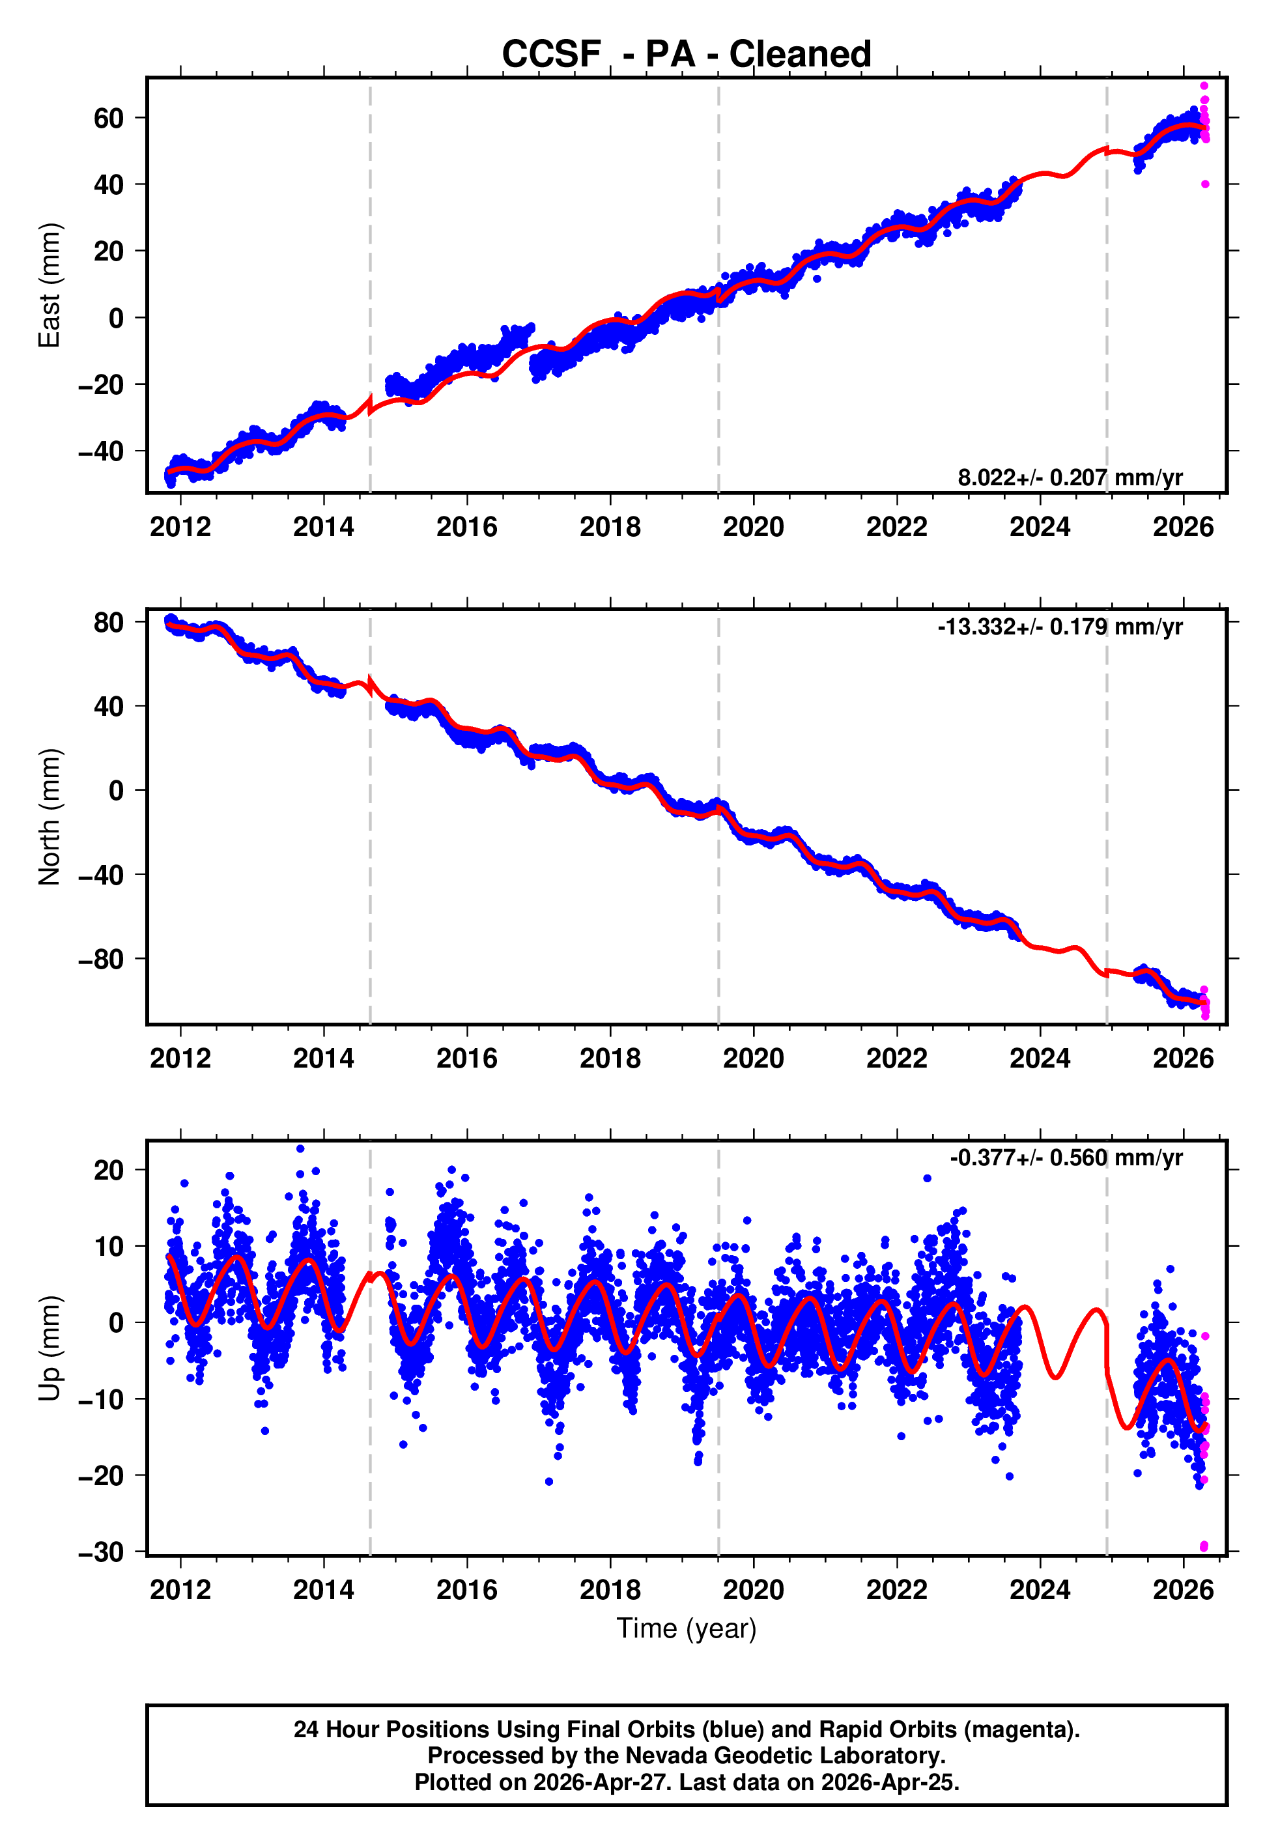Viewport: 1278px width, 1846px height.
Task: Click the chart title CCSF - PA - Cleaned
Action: tap(687, 55)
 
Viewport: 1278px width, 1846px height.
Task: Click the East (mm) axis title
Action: tap(50, 285)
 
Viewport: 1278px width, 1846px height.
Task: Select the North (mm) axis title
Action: tap(50, 817)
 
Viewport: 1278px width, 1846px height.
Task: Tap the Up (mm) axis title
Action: tap(50, 1348)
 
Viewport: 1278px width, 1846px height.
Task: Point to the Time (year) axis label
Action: tap(687, 1628)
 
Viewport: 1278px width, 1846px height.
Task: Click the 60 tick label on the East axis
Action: tap(109, 119)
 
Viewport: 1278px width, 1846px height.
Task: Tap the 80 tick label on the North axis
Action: tap(109, 623)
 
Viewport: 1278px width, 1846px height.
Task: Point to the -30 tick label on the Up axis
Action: tap(101, 1552)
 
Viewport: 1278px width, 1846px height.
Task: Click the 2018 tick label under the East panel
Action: tap(610, 527)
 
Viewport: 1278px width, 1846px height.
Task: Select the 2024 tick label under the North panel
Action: tap(1040, 1058)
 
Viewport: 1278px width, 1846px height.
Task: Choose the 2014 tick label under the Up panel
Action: tap(324, 1590)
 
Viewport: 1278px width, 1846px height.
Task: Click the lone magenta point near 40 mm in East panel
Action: tap(1205, 184)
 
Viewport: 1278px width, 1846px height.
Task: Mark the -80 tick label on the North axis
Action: tap(101, 959)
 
